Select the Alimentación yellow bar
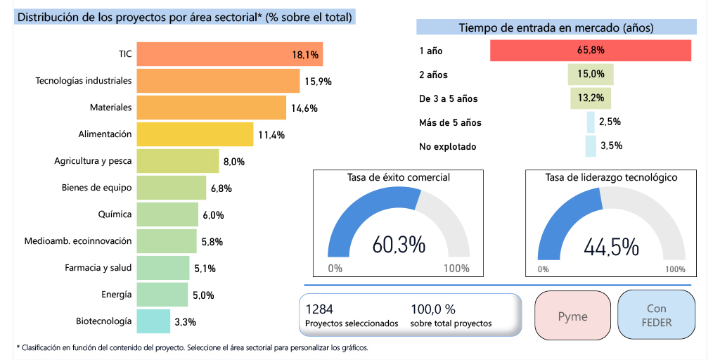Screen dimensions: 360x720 coord(195,134)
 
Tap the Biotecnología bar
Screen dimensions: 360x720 coord(153,321)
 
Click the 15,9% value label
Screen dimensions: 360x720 coord(318,82)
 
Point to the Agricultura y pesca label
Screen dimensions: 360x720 coord(93,161)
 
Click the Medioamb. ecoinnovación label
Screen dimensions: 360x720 coord(78,241)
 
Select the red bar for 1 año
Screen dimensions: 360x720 coord(591,51)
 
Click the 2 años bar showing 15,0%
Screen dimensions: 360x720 coord(591,75)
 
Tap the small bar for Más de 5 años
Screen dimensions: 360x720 coord(591,122)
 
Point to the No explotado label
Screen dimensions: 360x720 coord(448,147)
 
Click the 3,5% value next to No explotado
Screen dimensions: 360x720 coord(611,146)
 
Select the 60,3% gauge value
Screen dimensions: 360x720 coord(399,245)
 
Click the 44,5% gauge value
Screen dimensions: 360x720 coord(611,247)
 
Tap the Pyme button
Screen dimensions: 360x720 coord(572,316)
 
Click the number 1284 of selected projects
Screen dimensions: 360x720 coord(319,309)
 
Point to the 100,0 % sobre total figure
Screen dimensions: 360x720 coord(432,309)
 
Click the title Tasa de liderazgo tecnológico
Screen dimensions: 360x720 coord(611,178)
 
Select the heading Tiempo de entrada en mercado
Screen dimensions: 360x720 coord(556,28)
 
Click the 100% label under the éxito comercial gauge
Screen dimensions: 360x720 coord(456,269)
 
